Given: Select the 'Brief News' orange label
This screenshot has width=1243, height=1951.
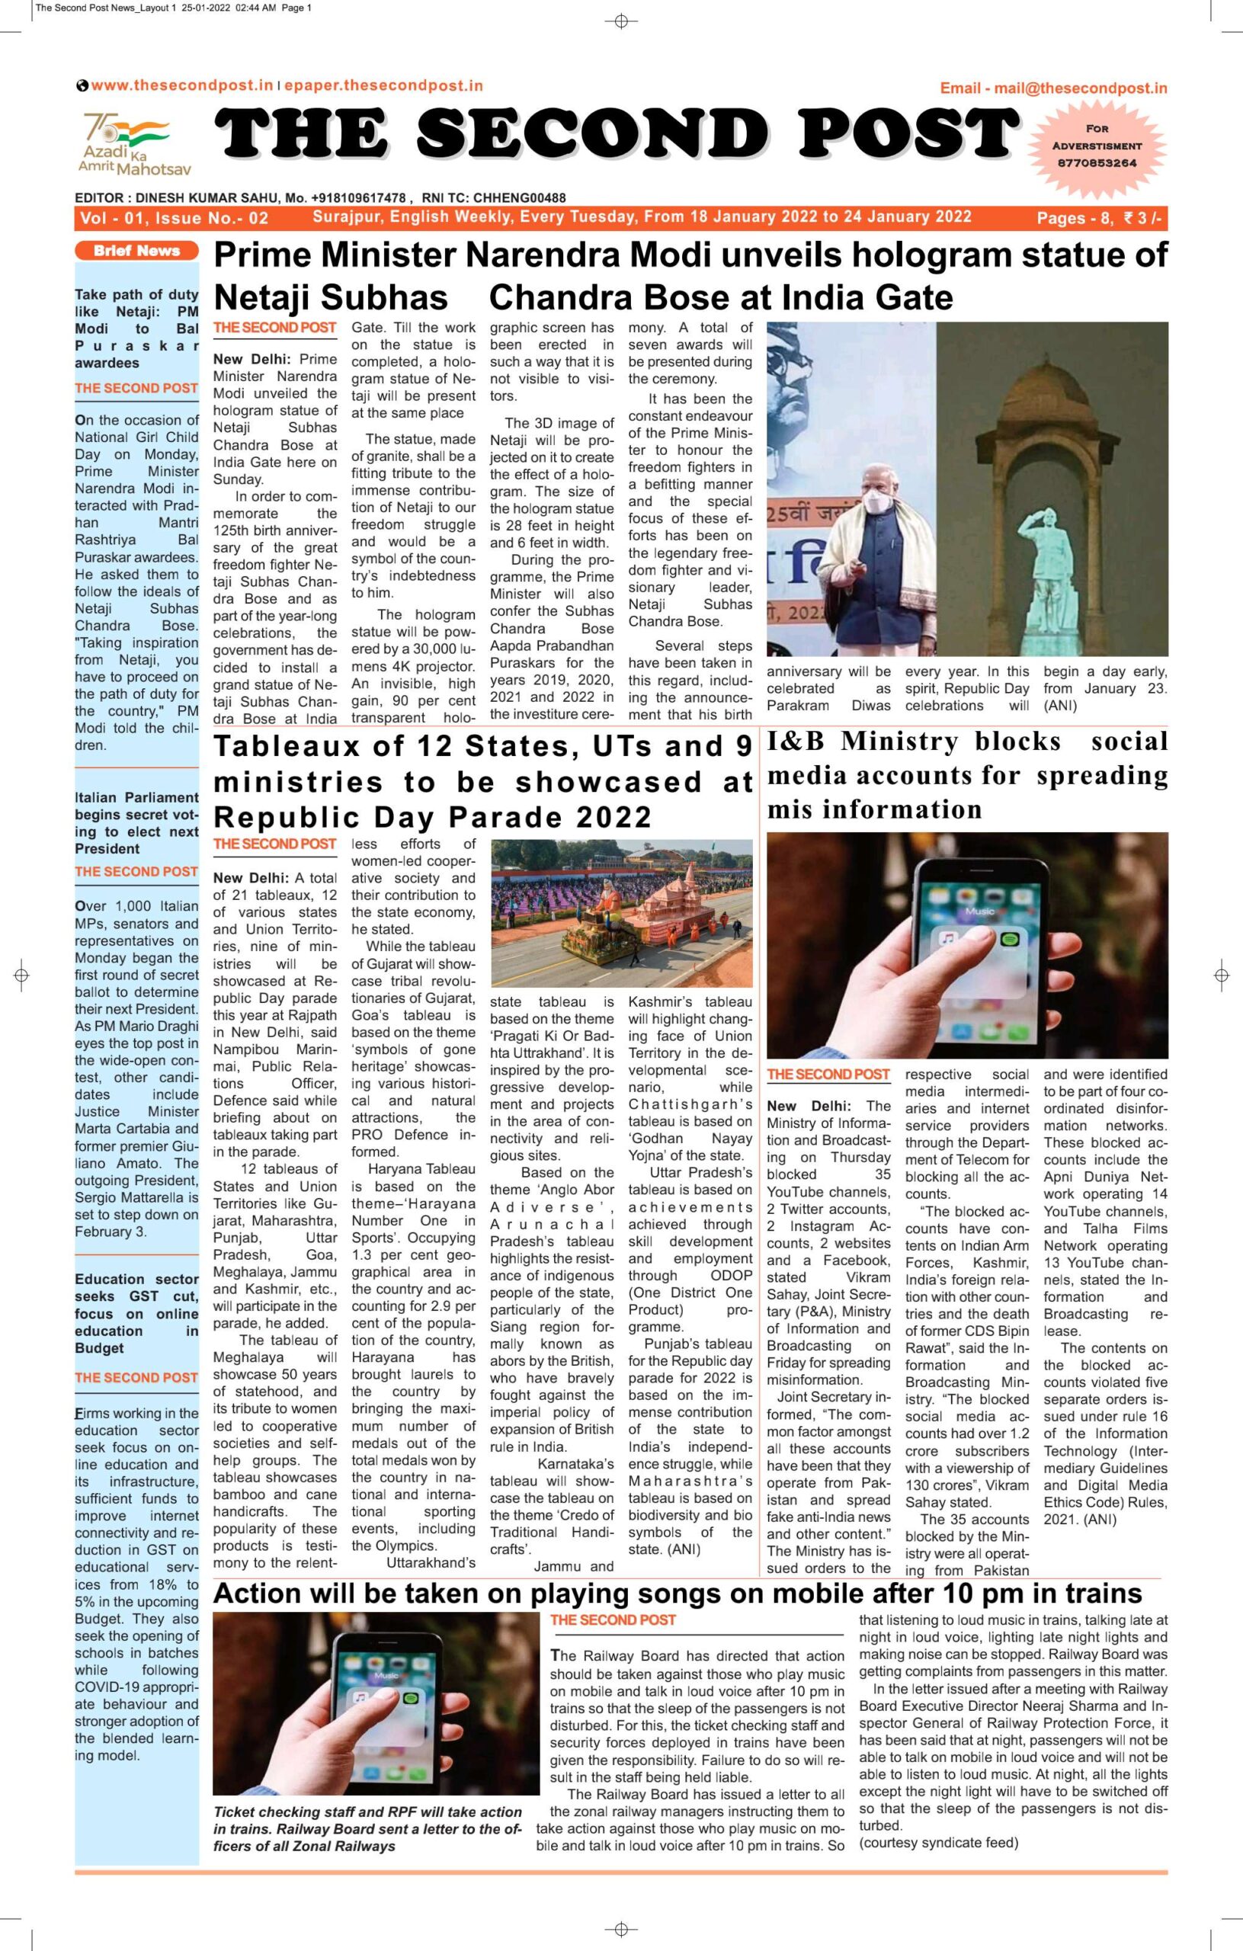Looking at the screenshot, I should (x=136, y=251).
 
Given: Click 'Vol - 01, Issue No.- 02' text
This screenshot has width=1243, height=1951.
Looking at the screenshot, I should (x=174, y=218).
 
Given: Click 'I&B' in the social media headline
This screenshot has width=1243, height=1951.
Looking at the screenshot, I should (x=797, y=742).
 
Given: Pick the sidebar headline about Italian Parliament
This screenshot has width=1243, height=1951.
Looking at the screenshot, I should (x=136, y=822).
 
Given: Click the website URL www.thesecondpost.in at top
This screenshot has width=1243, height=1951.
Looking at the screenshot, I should (x=181, y=86).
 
